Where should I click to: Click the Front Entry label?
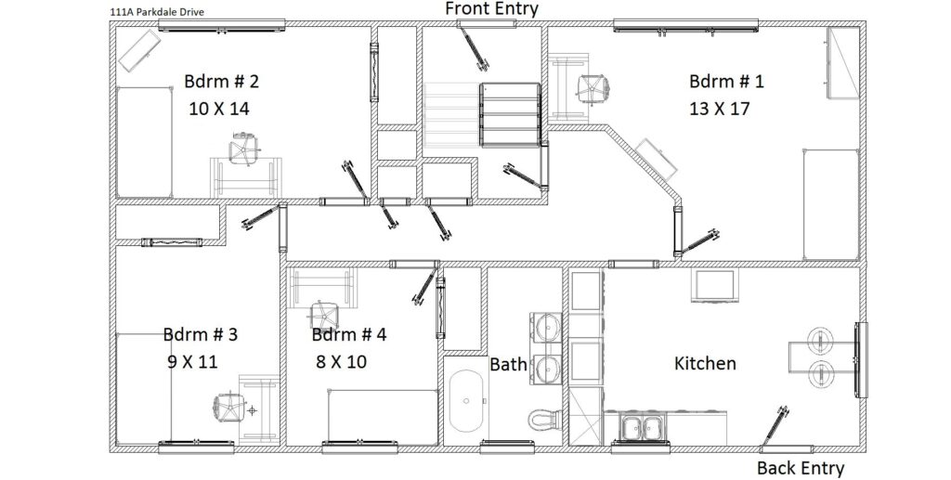pos(491,9)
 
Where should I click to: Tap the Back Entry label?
pos(801,469)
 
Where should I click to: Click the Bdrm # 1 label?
pos(726,81)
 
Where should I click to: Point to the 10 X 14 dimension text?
pos(219,110)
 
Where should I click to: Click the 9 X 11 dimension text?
pos(192,362)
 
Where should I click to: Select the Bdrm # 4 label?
pos(349,334)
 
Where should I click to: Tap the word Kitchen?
pos(706,364)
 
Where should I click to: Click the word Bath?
pos(508,364)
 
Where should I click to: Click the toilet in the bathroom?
pos(544,419)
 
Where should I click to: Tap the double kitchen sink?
pos(643,427)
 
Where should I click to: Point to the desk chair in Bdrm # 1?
pos(593,89)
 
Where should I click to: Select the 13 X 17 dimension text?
pos(720,110)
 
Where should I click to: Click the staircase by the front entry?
pos(482,115)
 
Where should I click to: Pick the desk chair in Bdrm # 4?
pos(324,315)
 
